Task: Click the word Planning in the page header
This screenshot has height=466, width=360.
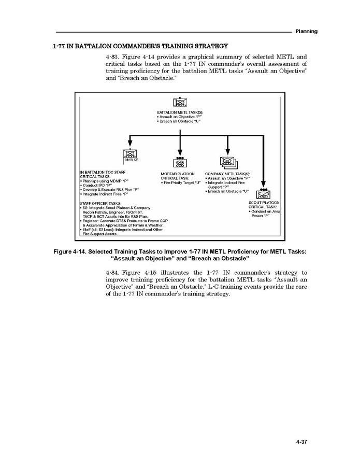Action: (x=306, y=32)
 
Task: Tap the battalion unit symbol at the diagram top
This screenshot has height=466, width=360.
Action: (x=180, y=102)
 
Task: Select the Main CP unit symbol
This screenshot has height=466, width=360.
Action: (x=129, y=153)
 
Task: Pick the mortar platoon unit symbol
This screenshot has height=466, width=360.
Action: (x=180, y=161)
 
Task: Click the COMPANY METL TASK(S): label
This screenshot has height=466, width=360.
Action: (x=227, y=174)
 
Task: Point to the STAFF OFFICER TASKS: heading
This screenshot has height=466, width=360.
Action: (x=100, y=203)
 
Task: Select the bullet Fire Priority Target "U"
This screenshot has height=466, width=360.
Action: (x=180, y=182)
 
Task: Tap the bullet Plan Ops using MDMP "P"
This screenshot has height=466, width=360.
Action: (x=104, y=180)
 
